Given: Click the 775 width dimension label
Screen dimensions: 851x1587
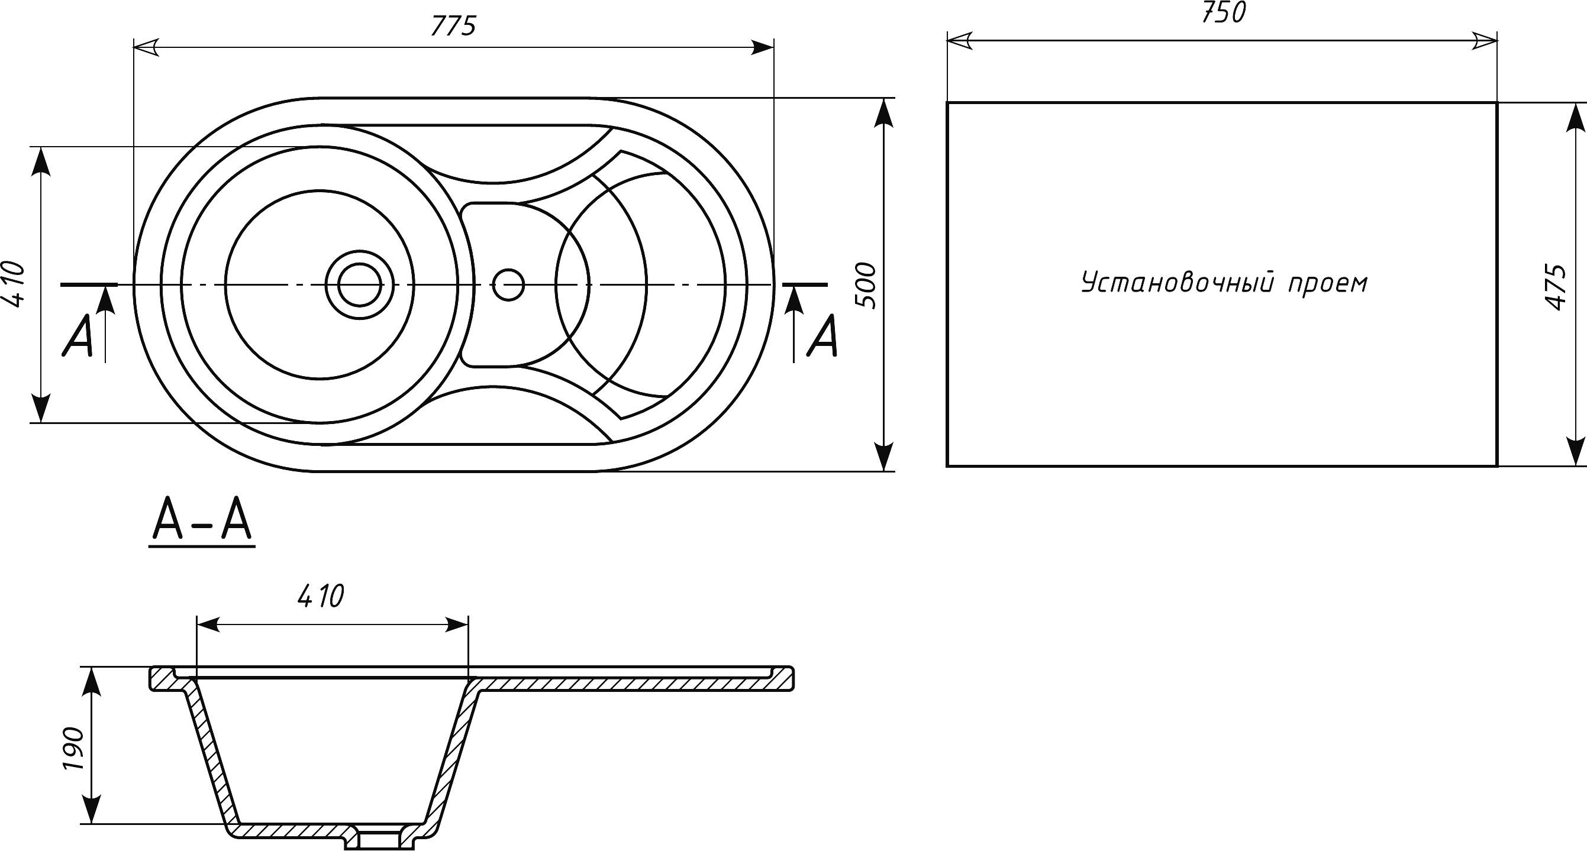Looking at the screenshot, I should (453, 27).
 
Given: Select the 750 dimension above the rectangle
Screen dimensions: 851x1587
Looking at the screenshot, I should (1222, 13).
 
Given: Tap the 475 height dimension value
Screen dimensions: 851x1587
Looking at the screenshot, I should (1557, 287).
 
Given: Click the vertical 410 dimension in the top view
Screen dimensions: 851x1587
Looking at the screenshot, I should (14, 284).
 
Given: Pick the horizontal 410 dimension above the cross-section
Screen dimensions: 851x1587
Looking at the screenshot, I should (320, 597).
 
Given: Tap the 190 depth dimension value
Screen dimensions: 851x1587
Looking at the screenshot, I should (74, 749).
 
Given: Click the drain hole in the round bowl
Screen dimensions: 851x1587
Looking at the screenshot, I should (354, 284).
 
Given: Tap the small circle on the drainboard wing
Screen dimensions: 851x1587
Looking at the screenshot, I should (508, 284).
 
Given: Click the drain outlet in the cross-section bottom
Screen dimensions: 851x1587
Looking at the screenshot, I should (378, 837).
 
